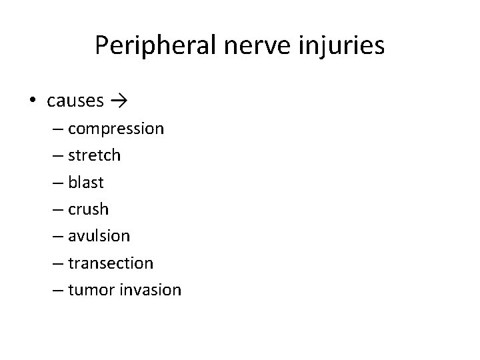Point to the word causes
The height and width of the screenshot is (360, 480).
click(75, 101)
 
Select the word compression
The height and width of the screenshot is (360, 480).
click(115, 129)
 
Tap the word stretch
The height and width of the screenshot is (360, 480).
click(94, 155)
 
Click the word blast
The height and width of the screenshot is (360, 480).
click(86, 182)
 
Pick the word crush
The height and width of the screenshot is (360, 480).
click(88, 209)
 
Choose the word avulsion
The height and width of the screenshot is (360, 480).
click(99, 236)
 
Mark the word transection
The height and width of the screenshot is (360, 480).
click(110, 263)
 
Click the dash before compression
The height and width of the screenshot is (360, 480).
click(57, 129)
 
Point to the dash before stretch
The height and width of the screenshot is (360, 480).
click(57, 155)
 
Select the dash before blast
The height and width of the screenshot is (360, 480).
click(57, 182)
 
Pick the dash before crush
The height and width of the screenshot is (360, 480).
click(57, 209)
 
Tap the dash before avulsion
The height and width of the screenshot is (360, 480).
click(57, 236)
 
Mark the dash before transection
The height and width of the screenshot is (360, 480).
click(57, 263)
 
